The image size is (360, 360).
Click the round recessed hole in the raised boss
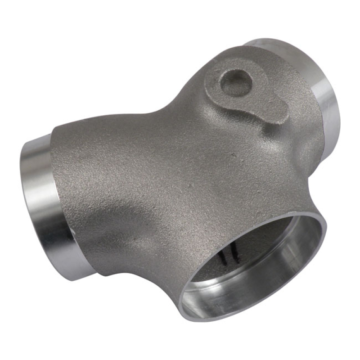click(x=235, y=83)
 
